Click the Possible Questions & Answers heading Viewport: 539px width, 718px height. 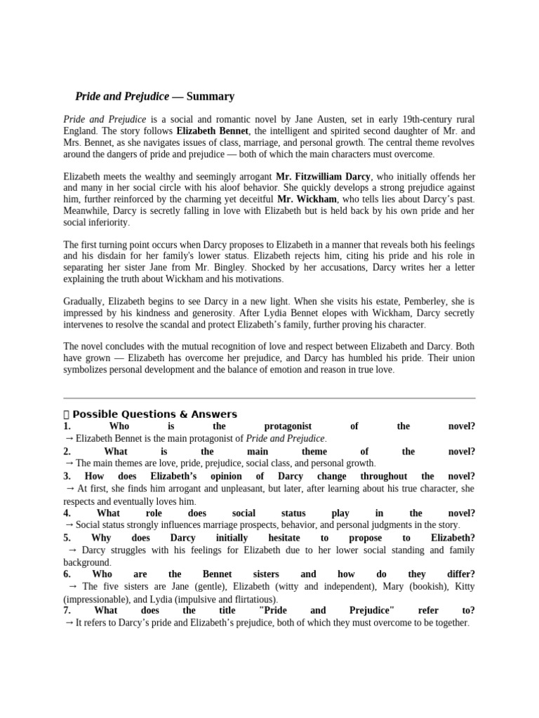154,414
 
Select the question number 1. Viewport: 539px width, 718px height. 67,426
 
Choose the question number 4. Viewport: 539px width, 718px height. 67,513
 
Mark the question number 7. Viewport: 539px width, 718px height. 67,610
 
